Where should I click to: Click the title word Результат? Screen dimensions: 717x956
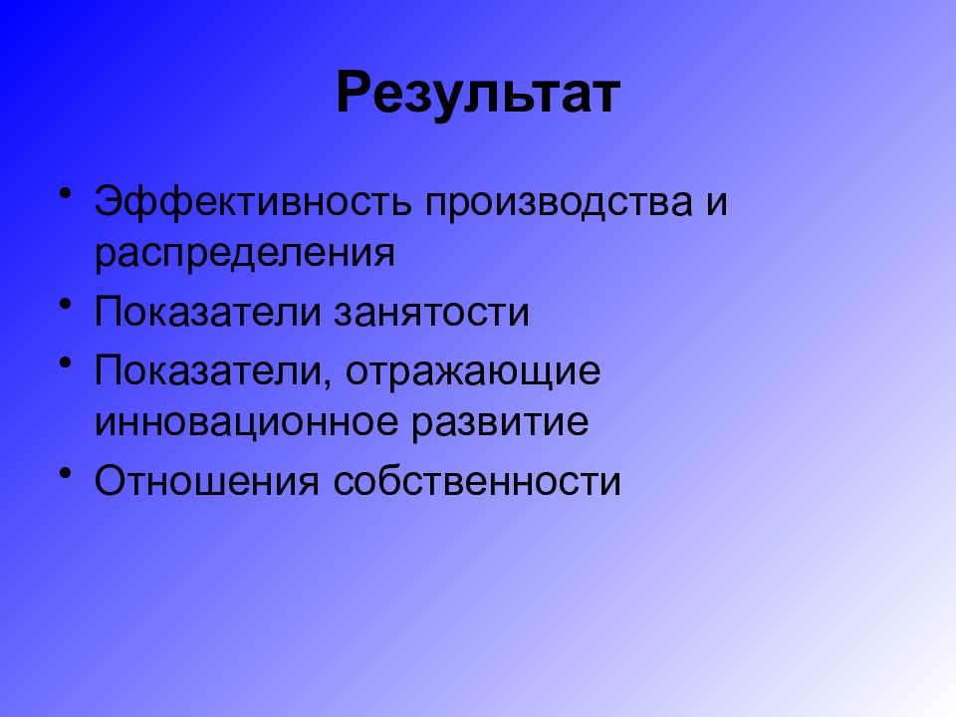point(478,94)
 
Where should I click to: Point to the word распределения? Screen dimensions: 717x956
point(245,253)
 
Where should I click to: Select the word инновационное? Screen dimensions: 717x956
point(248,423)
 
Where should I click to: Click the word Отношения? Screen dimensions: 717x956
point(206,482)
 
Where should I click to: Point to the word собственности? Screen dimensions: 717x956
point(477,482)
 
